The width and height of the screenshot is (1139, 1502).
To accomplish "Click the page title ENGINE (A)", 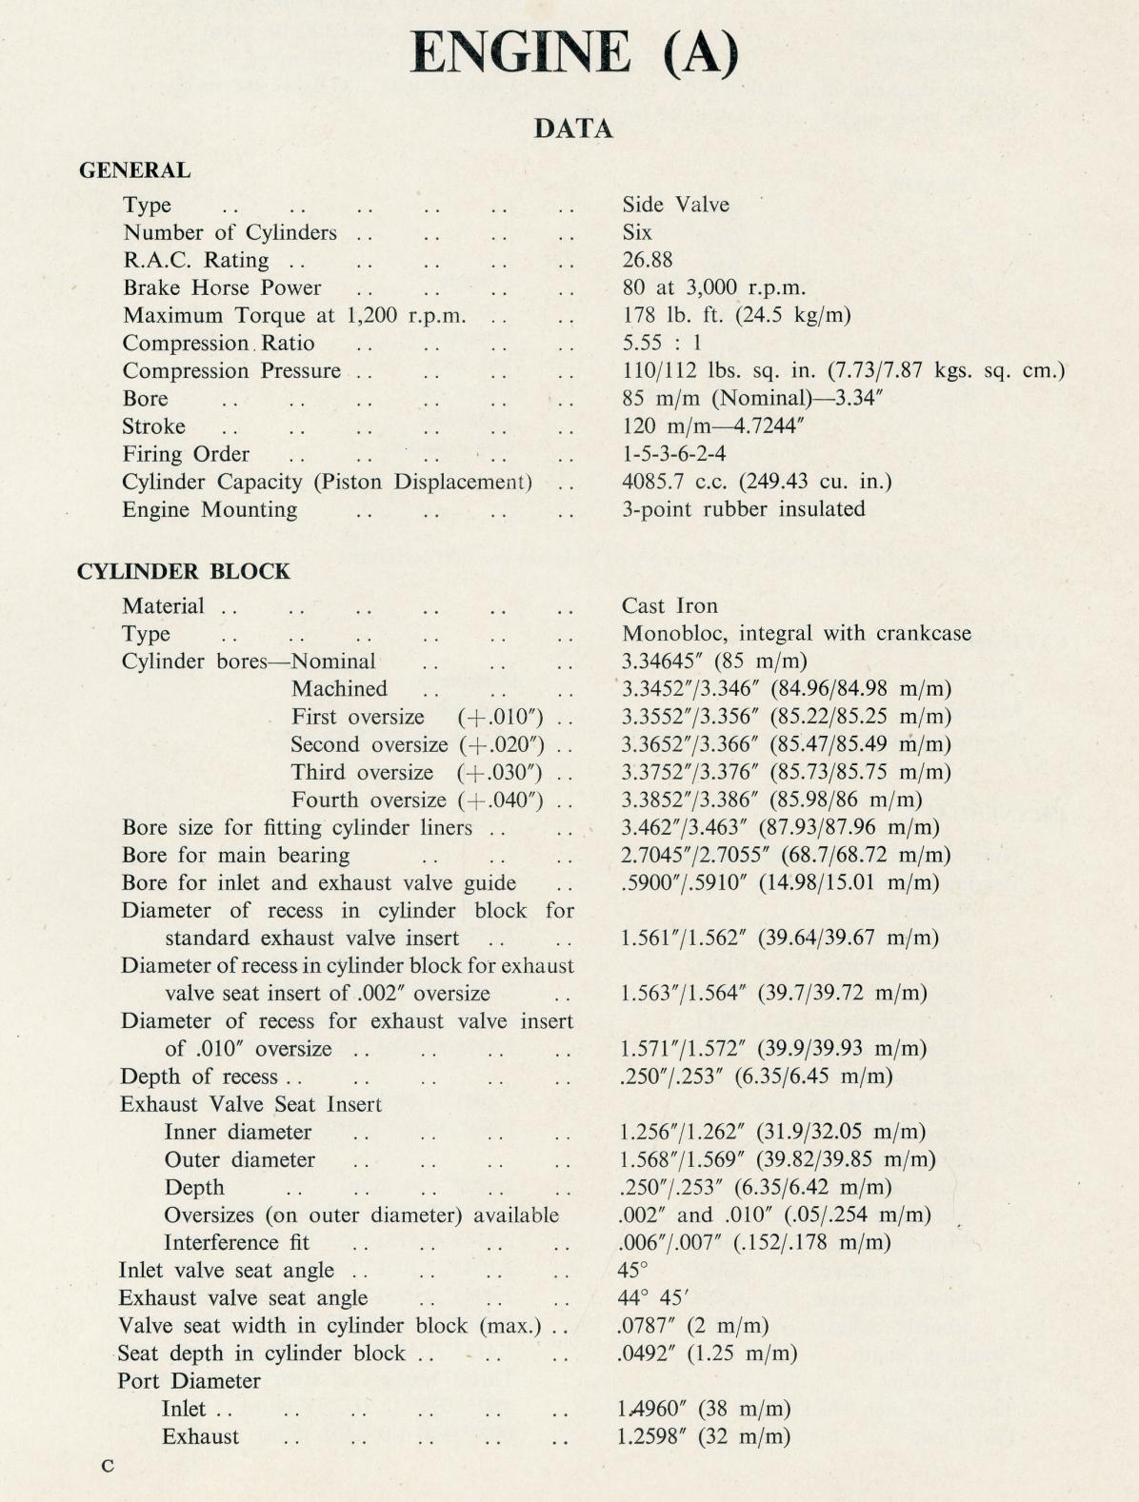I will pos(574,52).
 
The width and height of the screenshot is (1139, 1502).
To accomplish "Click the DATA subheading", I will pos(573,128).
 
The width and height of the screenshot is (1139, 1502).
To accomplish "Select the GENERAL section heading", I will pos(134,171).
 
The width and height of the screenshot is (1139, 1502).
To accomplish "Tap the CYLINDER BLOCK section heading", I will pos(183,572).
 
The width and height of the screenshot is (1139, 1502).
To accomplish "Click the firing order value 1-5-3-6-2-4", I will pos(673,454).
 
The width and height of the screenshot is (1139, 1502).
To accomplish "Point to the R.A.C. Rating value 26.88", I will pos(647,260).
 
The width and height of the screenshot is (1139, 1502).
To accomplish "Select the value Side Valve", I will pos(675,205).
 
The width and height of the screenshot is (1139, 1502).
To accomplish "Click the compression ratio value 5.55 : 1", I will pos(661,344).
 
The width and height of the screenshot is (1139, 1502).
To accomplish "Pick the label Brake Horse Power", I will pos(222,288).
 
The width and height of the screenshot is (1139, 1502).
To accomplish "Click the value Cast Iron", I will pos(669,606).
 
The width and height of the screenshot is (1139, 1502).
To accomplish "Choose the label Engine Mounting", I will pos(210,510).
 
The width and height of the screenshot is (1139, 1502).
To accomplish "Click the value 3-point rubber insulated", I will pos(743,509).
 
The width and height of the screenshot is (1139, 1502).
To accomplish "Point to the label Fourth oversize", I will pos(369,800).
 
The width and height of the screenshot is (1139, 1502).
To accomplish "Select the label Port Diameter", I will pos(189,1381).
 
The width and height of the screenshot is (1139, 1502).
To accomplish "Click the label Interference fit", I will pos(236,1243).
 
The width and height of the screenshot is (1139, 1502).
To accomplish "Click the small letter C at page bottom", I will pos(108,1467).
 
